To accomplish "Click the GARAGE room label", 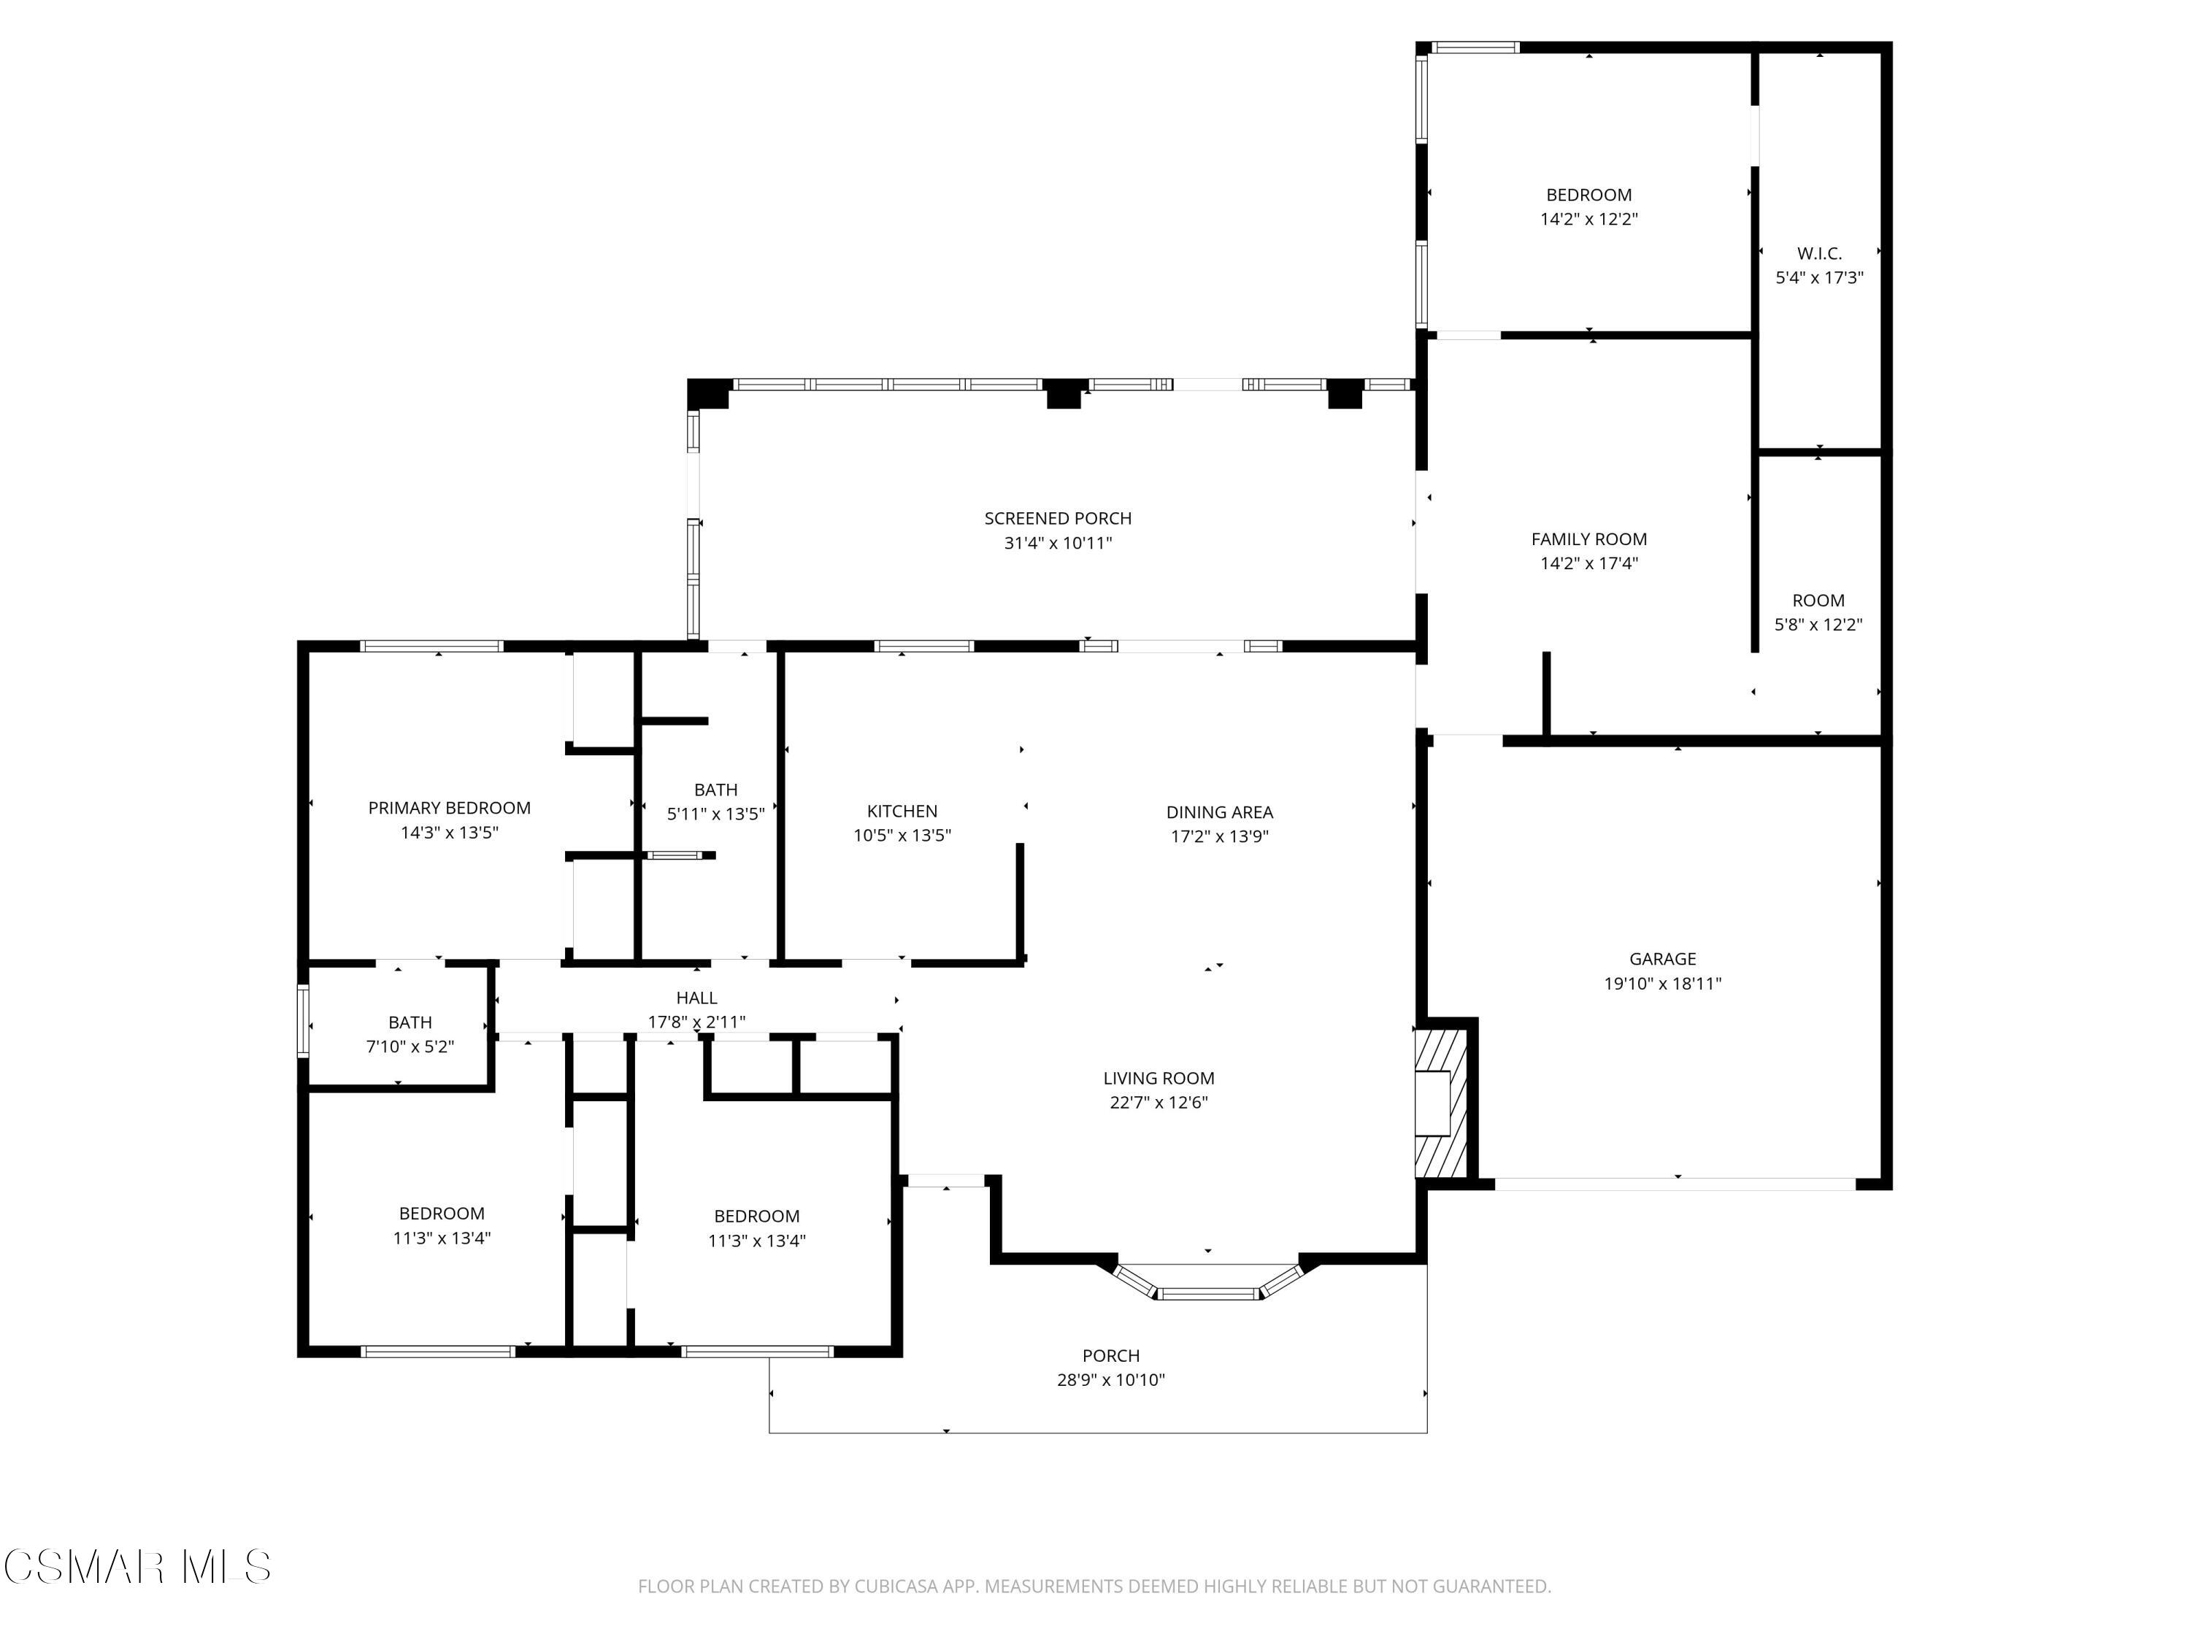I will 1662,958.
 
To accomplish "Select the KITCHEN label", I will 902,811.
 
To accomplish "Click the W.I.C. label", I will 1818,253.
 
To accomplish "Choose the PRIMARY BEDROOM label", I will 450,808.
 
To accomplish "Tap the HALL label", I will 696,998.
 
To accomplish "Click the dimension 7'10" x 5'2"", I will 410,1047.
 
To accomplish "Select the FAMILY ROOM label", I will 1588,539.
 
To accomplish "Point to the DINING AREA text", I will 1219,812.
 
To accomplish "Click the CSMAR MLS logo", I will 137,1567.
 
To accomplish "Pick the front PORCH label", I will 1110,1355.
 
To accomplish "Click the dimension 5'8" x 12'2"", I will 1818,625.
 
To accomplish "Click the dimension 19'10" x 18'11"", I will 1662,983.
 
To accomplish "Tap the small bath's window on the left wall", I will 304,1022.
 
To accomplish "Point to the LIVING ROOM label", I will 1159,1078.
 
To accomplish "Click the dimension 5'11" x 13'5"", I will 715,814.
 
